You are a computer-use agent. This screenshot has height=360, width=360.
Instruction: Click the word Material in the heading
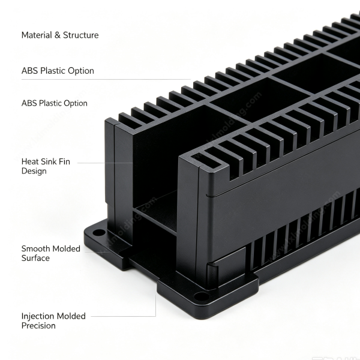(x=37, y=35)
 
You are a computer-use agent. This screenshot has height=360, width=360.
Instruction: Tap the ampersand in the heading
(x=58, y=35)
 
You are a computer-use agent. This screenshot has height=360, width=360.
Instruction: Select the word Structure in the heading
(x=81, y=35)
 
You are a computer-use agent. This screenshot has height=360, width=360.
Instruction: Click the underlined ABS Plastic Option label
(x=58, y=71)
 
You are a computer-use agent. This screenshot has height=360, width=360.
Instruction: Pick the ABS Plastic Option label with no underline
(x=55, y=103)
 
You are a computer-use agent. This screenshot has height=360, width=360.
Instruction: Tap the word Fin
(x=64, y=161)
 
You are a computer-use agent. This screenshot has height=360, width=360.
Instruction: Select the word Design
(x=34, y=171)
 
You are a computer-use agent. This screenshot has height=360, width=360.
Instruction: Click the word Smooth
(x=36, y=248)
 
